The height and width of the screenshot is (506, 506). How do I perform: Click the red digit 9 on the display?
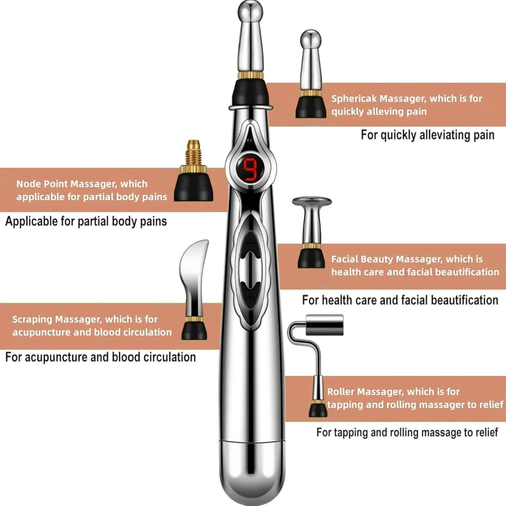[x=250, y=170]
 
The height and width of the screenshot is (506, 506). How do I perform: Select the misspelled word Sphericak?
[x=354, y=99]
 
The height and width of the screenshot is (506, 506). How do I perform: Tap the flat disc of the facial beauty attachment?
[x=312, y=201]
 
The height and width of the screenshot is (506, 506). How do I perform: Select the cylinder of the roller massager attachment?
[x=324, y=325]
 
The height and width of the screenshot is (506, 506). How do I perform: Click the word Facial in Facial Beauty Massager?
[x=345, y=259]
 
